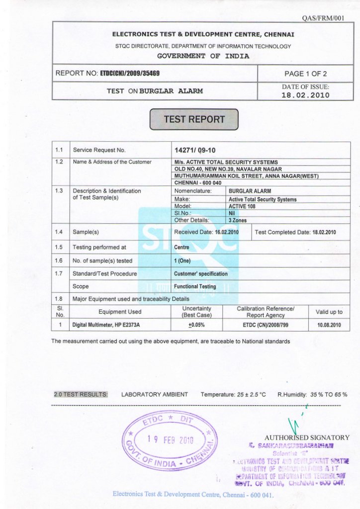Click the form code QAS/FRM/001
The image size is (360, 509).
tap(330, 18)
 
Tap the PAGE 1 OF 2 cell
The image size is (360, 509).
tap(305, 74)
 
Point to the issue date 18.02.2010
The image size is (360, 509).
tap(305, 95)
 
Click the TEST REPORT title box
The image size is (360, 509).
tap(194, 119)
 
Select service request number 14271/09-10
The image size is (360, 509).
tap(195, 150)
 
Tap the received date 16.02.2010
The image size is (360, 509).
tap(227, 232)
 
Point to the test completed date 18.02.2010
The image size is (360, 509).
tap(324, 232)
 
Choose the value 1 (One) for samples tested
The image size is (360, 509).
tap(182, 260)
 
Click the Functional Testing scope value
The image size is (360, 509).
tap(195, 286)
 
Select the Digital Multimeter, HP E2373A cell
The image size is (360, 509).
tap(106, 325)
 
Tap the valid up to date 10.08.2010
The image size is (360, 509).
tap(329, 325)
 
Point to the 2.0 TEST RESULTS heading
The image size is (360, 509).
tap(81, 394)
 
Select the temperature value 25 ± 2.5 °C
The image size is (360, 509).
tap(251, 394)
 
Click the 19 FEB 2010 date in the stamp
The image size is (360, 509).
tap(170, 439)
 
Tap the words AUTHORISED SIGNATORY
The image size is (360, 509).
tap(307, 437)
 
